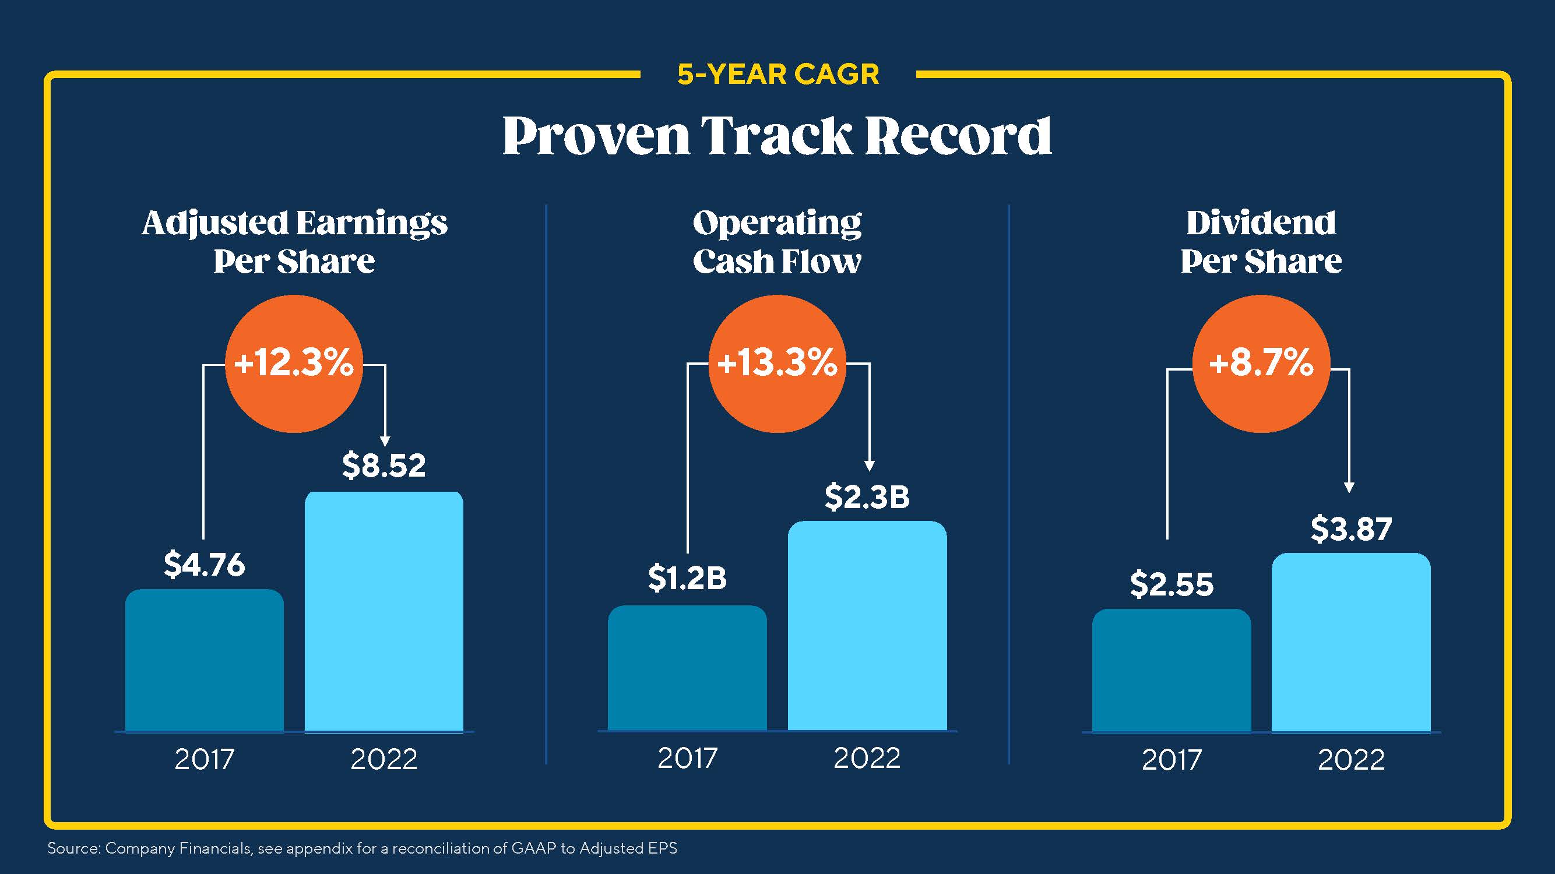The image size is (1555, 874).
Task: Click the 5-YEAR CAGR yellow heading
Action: [777, 75]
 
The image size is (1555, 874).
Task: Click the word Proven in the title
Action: [595, 136]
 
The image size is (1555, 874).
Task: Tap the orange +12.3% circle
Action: [294, 364]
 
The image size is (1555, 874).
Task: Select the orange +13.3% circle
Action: [777, 364]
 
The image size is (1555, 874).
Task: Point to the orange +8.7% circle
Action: [1261, 364]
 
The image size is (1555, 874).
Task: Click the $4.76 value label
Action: [204, 565]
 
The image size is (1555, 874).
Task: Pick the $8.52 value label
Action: [384, 466]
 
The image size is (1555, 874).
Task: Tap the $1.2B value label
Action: [687, 578]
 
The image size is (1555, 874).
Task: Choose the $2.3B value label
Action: [867, 498]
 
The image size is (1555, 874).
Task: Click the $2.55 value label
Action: [1171, 585]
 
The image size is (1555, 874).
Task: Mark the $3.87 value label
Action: [1351, 529]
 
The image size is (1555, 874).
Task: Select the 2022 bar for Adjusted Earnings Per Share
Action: [384, 612]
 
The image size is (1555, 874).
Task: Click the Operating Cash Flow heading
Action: [777, 242]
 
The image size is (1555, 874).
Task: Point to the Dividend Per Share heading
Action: [1261, 242]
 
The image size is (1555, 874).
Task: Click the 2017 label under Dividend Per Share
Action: [1171, 760]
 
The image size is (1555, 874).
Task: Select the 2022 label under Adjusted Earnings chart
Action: [384, 759]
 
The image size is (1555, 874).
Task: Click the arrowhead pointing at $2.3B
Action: [869, 466]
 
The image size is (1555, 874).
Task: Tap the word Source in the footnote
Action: [72, 848]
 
